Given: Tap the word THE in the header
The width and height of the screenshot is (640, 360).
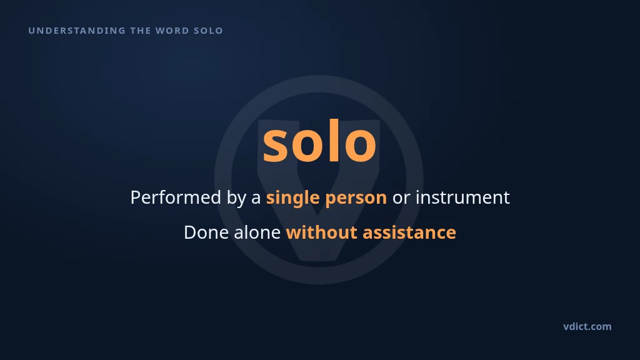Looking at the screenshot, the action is tap(141, 31).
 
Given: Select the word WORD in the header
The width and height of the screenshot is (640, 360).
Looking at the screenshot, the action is tap(172, 31).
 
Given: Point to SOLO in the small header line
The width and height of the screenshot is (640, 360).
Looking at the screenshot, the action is tap(209, 31).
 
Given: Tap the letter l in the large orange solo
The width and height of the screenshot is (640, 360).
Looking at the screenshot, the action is tap(334, 140).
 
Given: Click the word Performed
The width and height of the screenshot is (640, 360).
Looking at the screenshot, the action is tap(176, 197).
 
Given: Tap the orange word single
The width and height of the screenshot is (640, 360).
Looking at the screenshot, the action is tap(292, 199).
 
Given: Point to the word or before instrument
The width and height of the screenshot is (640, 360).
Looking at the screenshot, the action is tap(401, 199).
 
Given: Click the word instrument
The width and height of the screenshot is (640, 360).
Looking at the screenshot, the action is tap(462, 198).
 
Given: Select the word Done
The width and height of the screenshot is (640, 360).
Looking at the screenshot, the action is tap(206, 232).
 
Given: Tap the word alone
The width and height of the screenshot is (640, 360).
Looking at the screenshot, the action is tap(257, 232).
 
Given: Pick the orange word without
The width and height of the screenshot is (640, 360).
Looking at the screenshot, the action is tap(322, 232).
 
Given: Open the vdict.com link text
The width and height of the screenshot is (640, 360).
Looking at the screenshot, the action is tap(587, 326).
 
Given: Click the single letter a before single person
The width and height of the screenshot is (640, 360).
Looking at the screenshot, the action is tap(256, 199).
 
